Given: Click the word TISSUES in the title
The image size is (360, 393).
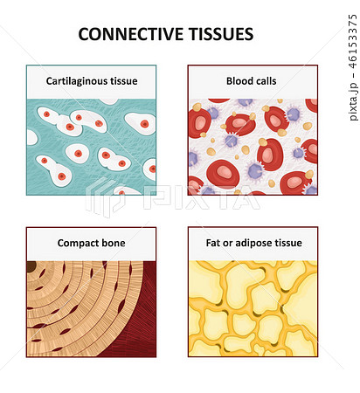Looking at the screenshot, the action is pos(222,34).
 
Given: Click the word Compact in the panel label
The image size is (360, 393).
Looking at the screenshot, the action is pos(76,243).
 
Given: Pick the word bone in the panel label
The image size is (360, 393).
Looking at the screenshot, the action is pos(112,243).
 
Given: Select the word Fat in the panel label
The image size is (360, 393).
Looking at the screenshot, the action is pos(213,243).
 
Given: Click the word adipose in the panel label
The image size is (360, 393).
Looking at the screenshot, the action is pos(250,243).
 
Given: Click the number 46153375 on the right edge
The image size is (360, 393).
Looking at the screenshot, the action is pos(353,41).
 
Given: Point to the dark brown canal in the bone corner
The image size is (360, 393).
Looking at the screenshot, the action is pos(31,266).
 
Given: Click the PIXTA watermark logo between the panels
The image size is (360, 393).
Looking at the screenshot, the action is pos(172,197).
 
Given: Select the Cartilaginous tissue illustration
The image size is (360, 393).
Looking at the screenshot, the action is pos(92,147).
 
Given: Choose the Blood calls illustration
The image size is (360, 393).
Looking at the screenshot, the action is pos(253,147).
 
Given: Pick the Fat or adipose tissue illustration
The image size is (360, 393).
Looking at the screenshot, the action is pos(253,308).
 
